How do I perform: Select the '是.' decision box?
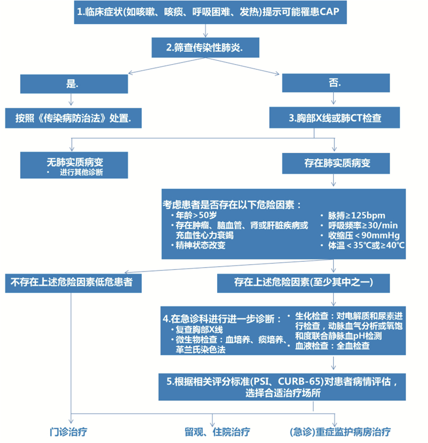74,84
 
